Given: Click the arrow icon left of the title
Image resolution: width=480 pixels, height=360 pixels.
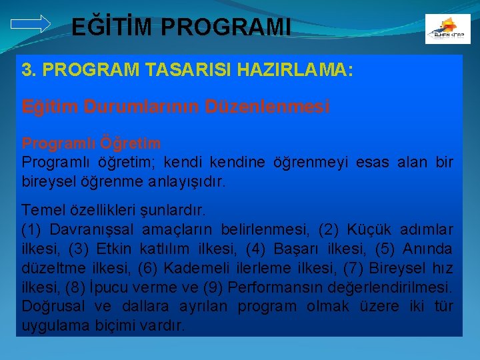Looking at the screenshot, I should coord(31,24).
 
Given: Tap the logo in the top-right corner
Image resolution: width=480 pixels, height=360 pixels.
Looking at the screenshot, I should coord(447,29).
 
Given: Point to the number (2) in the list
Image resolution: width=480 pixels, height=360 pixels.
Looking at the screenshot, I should coord(330,230).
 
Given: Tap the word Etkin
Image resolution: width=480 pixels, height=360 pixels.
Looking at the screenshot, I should coord(114,249).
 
